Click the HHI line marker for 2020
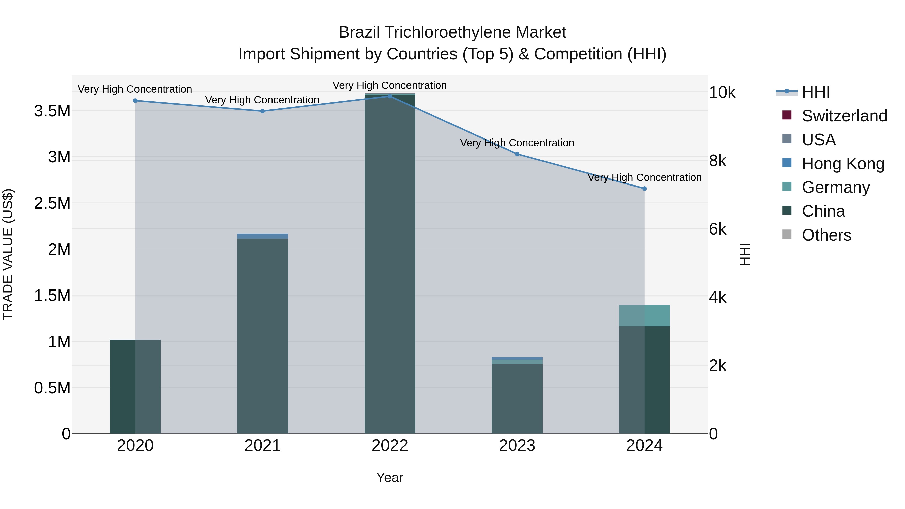tap(135, 101)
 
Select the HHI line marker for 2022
tap(390, 96)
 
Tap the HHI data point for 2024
tap(644, 189)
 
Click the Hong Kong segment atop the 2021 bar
tap(262, 236)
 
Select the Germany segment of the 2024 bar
tap(644, 315)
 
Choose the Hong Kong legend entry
tap(843, 164)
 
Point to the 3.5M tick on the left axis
tap(52, 111)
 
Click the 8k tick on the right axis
tap(717, 161)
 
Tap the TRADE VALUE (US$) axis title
tap(8, 254)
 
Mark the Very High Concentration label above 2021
tap(262, 100)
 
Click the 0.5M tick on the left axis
tap(52, 388)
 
